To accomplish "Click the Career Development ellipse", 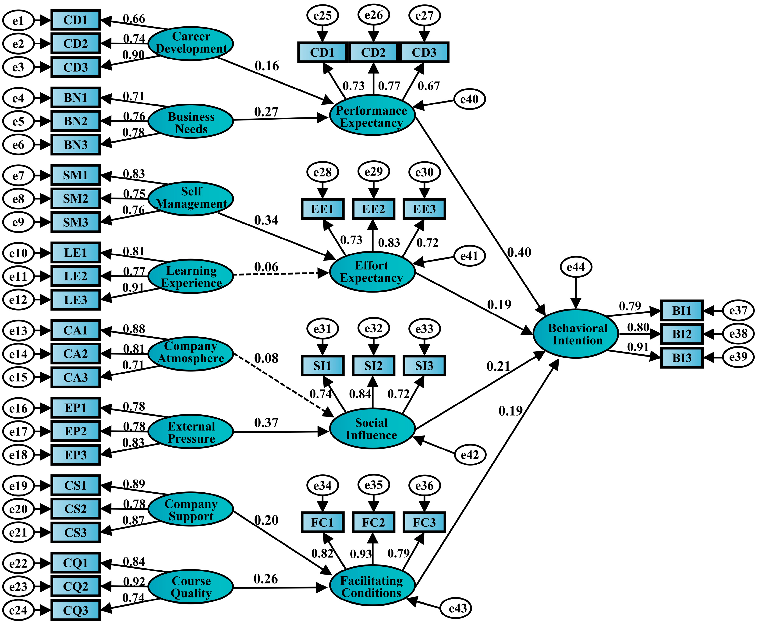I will [x=191, y=43].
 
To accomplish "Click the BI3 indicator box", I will [x=682, y=358].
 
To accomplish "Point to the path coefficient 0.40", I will [x=519, y=252].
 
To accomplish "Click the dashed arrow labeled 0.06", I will [x=281, y=274].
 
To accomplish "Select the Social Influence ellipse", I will [x=372, y=428].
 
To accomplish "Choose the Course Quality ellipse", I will [x=191, y=587].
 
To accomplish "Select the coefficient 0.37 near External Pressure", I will [x=266, y=423].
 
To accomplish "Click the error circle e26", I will [x=373, y=15].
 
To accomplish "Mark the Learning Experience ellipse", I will [x=191, y=276].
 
